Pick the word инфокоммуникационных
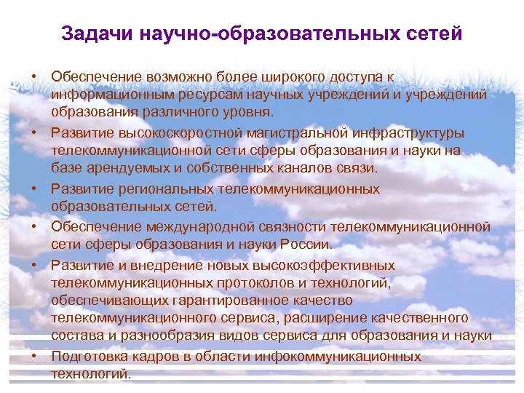click(344, 357)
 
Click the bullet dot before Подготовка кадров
click(34, 357)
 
